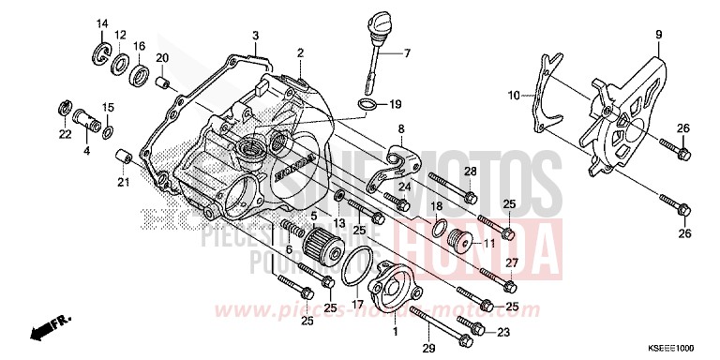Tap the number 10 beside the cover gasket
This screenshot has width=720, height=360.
514,95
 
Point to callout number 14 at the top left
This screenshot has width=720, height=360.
102,23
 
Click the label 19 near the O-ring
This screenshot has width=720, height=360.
395,104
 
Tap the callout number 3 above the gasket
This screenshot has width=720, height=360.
254,36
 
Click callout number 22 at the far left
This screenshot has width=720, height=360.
65,133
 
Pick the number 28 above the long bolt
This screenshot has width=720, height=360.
471,170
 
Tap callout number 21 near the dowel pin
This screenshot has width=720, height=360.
123,181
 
